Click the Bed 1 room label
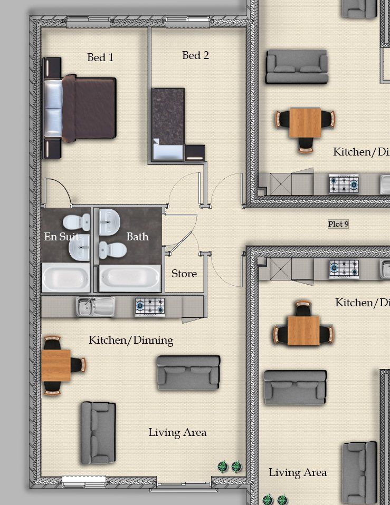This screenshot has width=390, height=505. click(x=100, y=57)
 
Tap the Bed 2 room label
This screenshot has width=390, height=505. click(x=195, y=55)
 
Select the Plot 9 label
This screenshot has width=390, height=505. click(x=338, y=224)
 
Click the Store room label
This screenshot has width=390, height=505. click(x=184, y=274)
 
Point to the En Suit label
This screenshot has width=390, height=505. click(x=62, y=237)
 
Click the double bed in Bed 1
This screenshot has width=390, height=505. click(x=80, y=108)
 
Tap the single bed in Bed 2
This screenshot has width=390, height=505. click(x=168, y=124)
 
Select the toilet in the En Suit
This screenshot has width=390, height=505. click(x=77, y=222)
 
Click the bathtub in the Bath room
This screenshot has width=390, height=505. click(x=130, y=278)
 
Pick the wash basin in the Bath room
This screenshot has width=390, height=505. click(x=109, y=221)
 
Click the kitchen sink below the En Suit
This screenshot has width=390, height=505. click(x=96, y=307)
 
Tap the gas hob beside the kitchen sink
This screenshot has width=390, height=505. click(x=150, y=307)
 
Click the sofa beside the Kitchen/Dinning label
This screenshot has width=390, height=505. click(x=188, y=373)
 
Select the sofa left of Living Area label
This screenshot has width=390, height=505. click(x=98, y=433)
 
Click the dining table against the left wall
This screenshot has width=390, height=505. click(x=56, y=365)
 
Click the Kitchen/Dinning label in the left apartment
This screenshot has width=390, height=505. click(x=131, y=341)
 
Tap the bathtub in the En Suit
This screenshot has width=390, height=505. click(x=66, y=277)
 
